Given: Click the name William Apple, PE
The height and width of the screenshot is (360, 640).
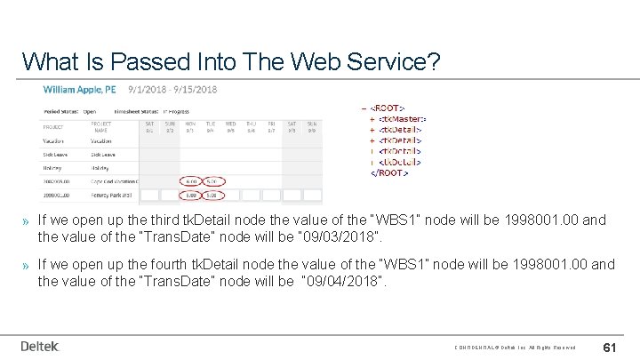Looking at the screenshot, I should pos(81,90).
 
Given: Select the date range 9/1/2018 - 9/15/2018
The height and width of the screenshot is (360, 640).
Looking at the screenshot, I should pos(172,90).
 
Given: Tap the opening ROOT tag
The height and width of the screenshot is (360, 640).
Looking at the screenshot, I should pos(391,108).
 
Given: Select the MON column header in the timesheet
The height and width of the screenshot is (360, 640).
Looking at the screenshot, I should pos(190,124).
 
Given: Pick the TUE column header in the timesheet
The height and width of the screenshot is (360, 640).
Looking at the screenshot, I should pos(212,124).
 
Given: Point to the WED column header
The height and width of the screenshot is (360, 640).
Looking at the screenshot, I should pos(231,124).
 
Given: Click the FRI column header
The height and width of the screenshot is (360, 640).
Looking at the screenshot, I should pos(272,124).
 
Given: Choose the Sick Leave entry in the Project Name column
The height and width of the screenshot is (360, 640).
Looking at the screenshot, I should pos(101,154).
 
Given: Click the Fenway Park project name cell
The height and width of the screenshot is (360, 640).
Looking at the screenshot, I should pos(110,194).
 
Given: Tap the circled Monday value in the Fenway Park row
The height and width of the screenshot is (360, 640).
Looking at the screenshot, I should pos(190,194).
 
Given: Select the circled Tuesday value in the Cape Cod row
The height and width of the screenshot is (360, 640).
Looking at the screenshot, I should pos(212,180).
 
